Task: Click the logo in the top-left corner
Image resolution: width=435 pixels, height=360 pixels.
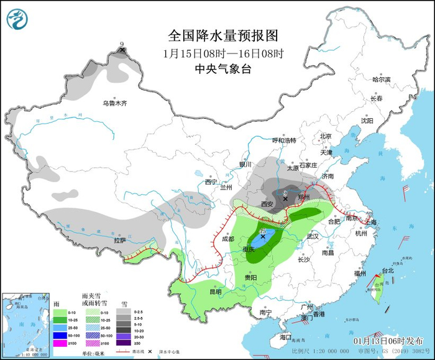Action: (17, 18)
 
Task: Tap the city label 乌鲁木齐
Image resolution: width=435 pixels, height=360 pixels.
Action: (114, 103)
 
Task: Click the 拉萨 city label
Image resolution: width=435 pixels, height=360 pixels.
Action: (119, 240)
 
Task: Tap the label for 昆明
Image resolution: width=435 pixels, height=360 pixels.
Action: (215, 292)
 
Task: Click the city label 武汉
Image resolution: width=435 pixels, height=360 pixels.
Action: (311, 236)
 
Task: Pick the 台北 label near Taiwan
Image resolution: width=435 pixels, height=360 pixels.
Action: (387, 271)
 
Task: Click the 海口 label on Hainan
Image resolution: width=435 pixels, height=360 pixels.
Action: (285, 336)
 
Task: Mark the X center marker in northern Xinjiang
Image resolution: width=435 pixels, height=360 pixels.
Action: (122, 50)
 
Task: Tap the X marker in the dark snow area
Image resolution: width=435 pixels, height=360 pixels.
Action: (285, 199)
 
